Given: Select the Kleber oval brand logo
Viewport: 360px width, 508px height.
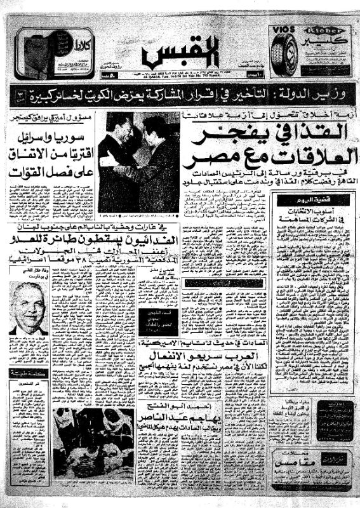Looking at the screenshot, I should (324, 30).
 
